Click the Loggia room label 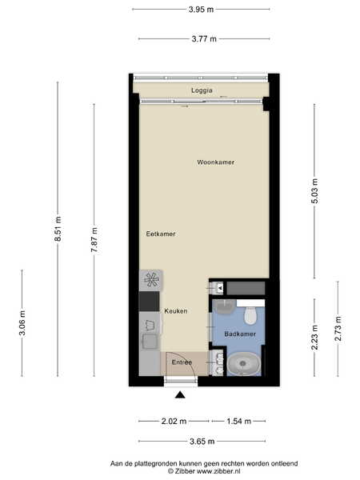point(202,90)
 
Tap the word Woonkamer point(215,162)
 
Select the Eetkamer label point(161,234)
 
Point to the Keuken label point(176,311)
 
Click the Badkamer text point(240,334)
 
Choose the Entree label point(182,362)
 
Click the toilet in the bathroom point(250,315)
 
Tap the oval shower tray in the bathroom point(243,364)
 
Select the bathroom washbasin point(224,306)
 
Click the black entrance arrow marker point(180,395)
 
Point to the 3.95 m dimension point(201,10)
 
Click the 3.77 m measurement point(204,39)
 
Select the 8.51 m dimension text point(58,229)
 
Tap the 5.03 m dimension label point(314,191)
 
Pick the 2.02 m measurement point(174,422)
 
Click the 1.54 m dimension point(238,422)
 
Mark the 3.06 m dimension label point(22,323)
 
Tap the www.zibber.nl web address point(218,471)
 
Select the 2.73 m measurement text point(338,329)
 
